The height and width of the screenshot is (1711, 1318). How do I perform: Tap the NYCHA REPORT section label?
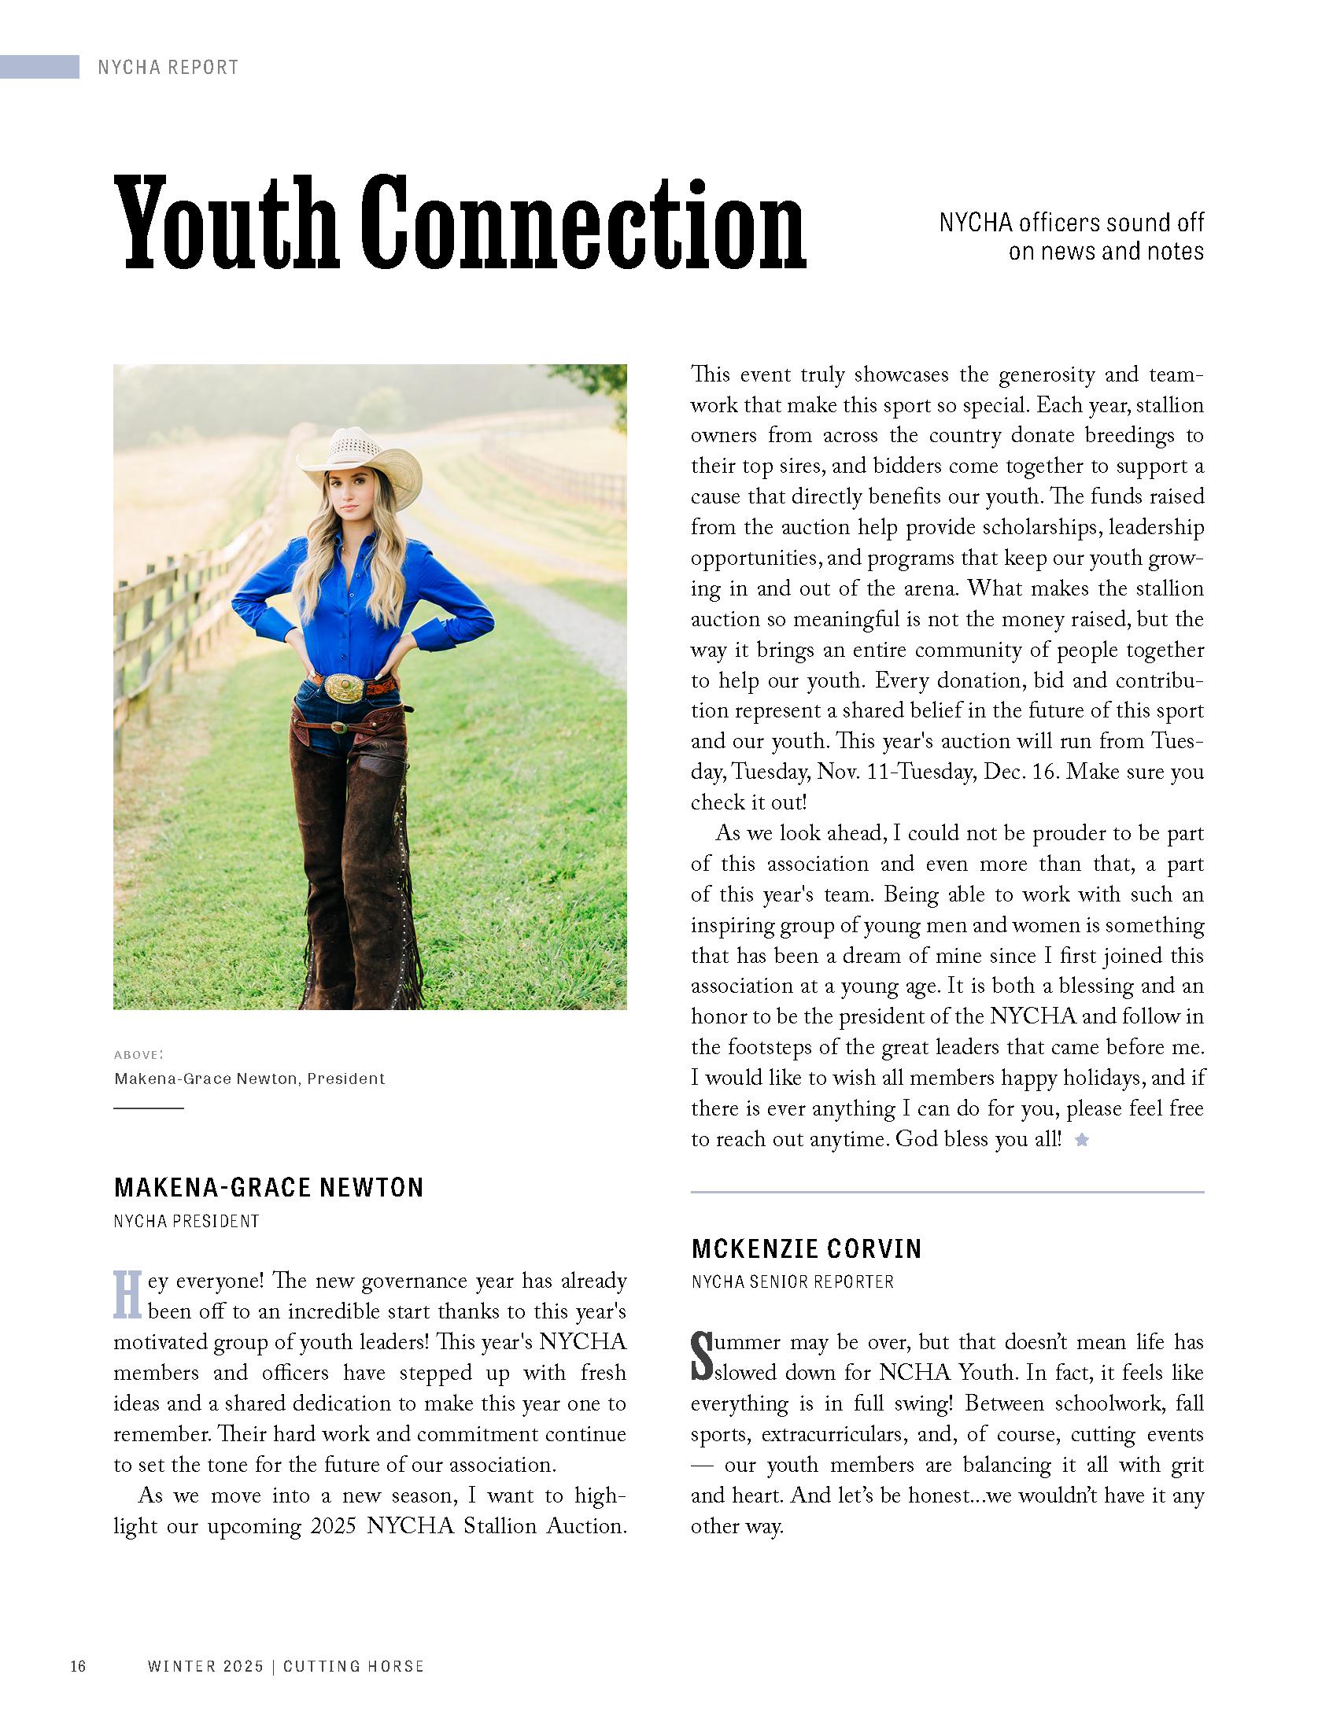(168, 68)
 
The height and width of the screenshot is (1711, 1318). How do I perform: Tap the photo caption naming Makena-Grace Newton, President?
(249, 1079)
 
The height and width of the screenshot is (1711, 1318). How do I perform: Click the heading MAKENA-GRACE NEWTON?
(268, 1187)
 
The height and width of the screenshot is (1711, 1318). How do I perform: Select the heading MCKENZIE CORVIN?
(807, 1248)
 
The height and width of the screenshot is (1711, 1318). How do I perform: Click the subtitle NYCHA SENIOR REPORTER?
(792, 1282)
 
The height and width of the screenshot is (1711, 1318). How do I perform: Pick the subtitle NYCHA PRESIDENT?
(186, 1222)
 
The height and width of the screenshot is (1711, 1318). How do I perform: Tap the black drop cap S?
(700, 1355)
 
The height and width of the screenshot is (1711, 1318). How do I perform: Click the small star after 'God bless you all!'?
(1082, 1140)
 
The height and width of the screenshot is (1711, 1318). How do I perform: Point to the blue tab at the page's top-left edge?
(39, 67)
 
